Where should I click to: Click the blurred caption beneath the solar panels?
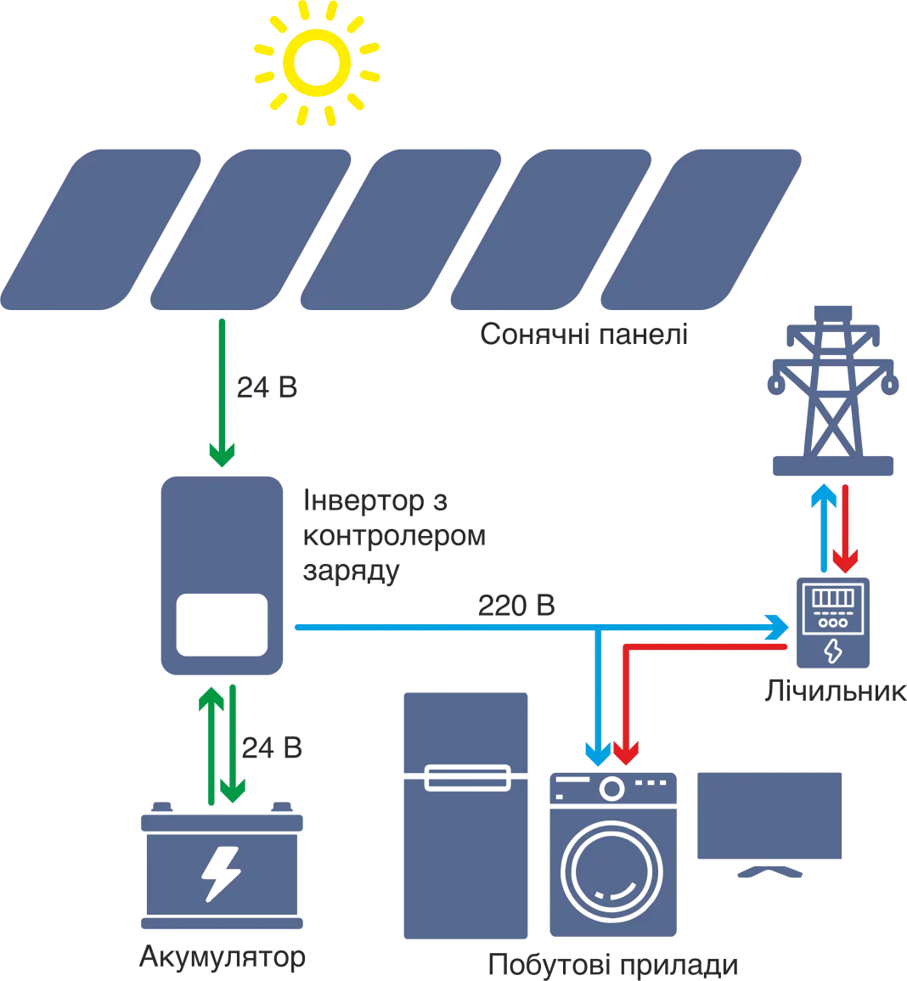pos(584,334)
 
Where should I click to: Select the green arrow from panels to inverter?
pos(223,391)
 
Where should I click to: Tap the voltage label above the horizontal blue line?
pos(515,606)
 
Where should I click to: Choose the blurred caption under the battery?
pos(220,959)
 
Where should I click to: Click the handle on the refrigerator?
pos(465,775)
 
